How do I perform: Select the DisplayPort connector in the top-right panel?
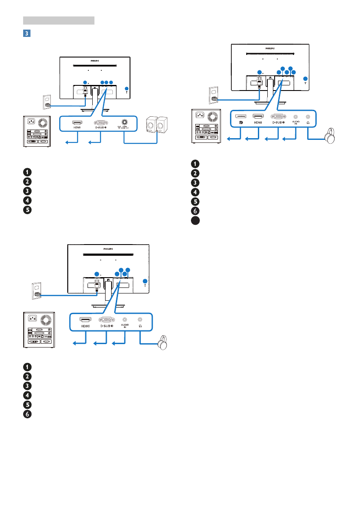(x=241, y=116)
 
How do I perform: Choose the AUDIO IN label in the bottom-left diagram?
(x=124, y=327)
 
